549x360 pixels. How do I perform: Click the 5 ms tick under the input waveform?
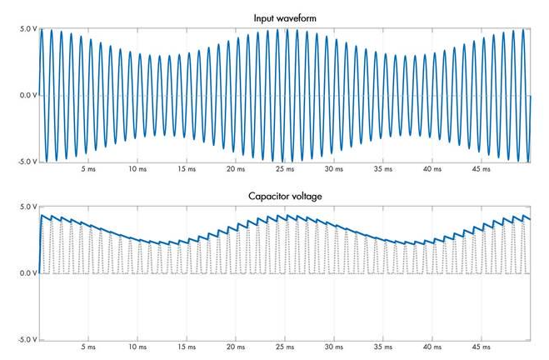(89, 169)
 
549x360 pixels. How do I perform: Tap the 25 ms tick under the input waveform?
(285, 169)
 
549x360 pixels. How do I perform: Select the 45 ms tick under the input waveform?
(482, 169)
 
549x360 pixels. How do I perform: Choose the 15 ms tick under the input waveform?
(187, 169)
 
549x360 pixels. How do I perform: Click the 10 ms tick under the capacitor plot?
(137, 348)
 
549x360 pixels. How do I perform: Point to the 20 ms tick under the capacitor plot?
(236, 348)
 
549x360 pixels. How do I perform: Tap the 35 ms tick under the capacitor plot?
(383, 348)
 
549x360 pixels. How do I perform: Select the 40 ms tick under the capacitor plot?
(432, 348)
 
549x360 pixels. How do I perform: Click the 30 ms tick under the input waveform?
(334, 169)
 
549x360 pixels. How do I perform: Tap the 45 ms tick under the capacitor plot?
(482, 348)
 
